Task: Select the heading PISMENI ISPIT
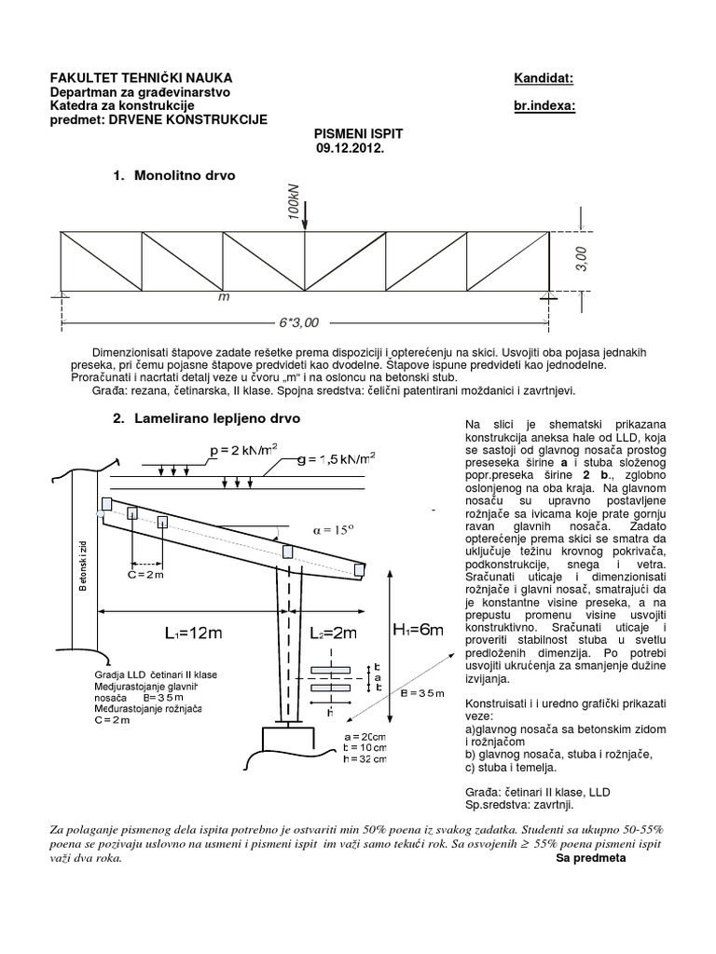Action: tap(350, 134)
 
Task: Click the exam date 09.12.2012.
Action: tap(350, 148)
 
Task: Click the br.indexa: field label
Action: tap(544, 106)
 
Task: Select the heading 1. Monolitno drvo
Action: tap(174, 175)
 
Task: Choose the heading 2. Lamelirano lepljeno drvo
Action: tap(206, 420)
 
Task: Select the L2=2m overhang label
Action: tap(333, 634)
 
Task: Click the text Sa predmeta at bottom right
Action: tap(591, 858)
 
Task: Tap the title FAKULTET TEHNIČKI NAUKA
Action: tap(141, 78)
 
